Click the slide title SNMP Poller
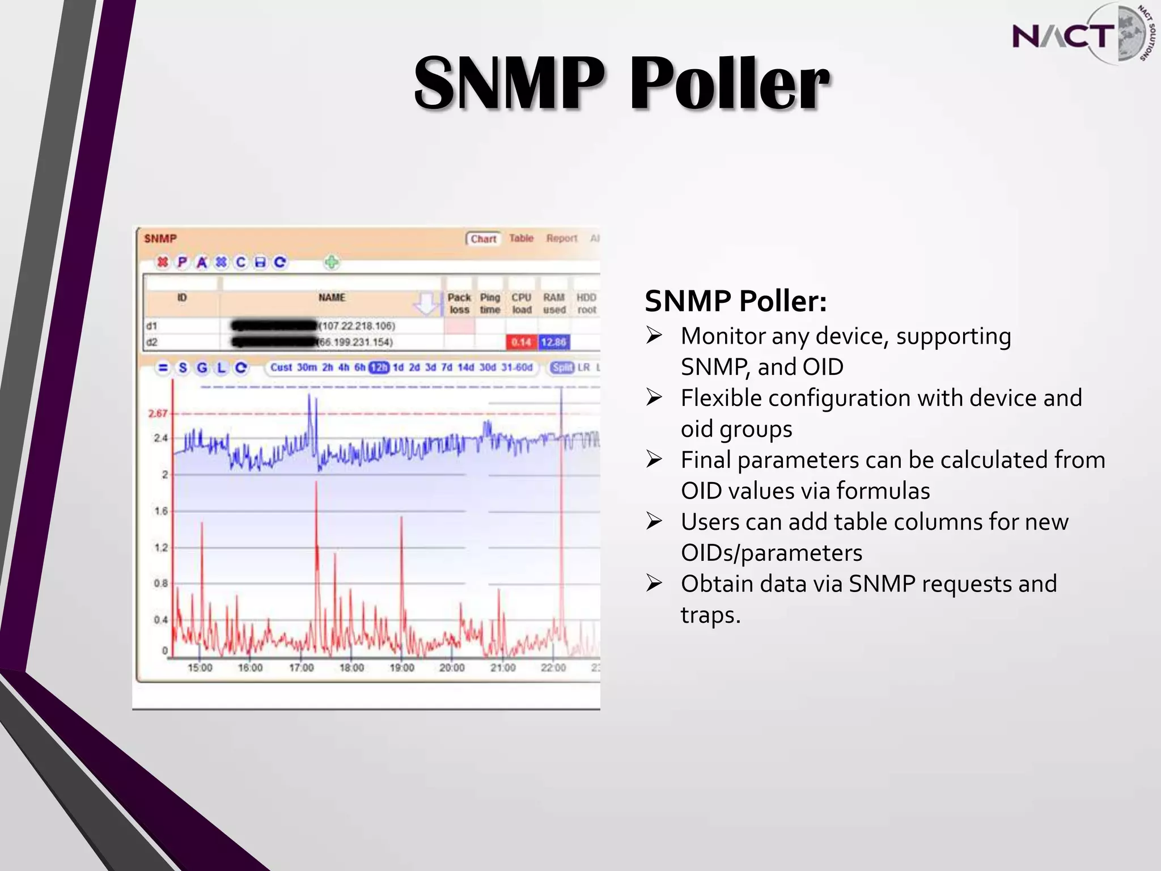click(622, 84)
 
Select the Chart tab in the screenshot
click(483, 239)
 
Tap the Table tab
click(521, 238)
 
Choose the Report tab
click(561, 238)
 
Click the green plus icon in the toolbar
click(332, 262)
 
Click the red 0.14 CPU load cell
click(521, 342)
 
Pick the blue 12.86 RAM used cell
click(553, 342)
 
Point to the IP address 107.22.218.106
click(357, 326)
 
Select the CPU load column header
click(522, 303)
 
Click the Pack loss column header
click(459, 303)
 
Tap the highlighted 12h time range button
click(379, 367)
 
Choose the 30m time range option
click(307, 367)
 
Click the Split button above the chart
click(562, 367)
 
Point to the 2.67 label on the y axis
click(158, 413)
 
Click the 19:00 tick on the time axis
click(401, 668)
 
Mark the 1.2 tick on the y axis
click(161, 547)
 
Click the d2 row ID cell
click(152, 342)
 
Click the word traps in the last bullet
click(710, 615)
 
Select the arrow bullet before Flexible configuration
click(654, 398)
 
